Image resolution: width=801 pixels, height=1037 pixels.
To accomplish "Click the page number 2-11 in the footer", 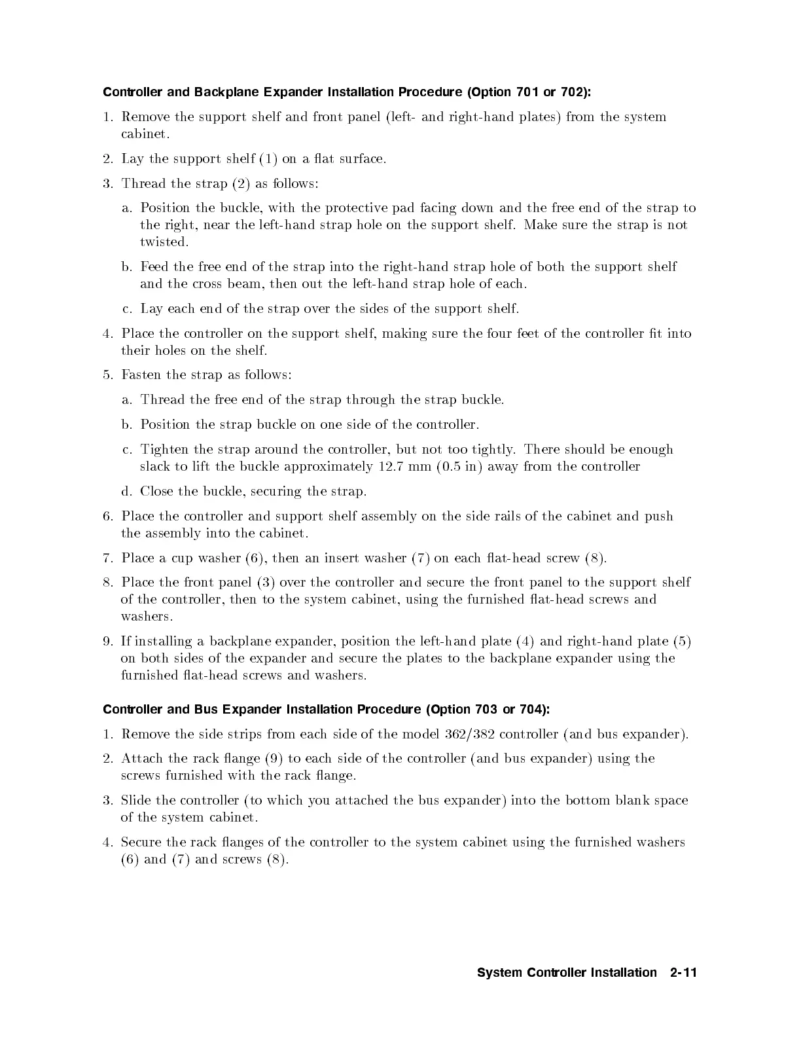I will point(684,973).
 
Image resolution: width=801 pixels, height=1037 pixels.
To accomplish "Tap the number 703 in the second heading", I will point(484,710).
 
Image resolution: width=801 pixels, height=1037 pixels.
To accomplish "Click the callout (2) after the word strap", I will point(241,183).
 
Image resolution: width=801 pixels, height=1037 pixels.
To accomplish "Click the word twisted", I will point(164,242).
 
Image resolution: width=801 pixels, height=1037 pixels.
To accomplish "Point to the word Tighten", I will point(164,450).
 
